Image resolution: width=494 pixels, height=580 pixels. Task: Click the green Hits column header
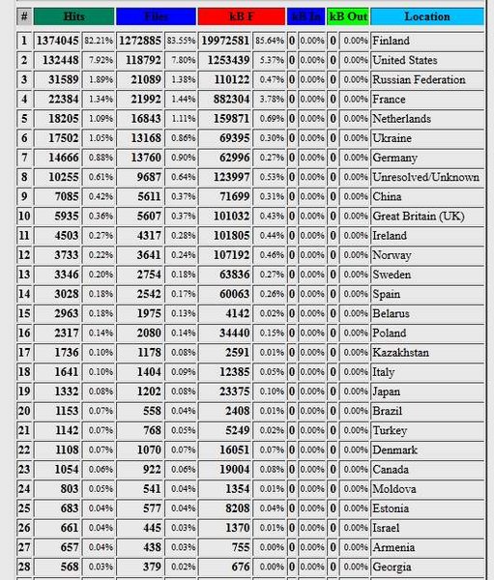click(x=73, y=16)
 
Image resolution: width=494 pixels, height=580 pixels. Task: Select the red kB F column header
click(x=239, y=16)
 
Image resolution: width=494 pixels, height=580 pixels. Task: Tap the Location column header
click(x=426, y=16)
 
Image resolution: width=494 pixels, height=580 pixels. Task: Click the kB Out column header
click(x=347, y=16)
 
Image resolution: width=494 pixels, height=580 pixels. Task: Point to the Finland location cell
click(x=391, y=41)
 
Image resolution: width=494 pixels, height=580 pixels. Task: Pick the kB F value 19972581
click(x=224, y=41)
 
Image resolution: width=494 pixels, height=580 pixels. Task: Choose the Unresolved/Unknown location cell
click(x=425, y=177)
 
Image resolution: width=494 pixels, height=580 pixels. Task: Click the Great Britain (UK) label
click(x=418, y=216)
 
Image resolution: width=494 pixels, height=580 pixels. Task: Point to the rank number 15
click(x=23, y=313)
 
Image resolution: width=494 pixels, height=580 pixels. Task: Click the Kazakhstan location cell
click(x=400, y=352)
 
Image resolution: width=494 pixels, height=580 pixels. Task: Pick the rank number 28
click(x=23, y=566)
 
